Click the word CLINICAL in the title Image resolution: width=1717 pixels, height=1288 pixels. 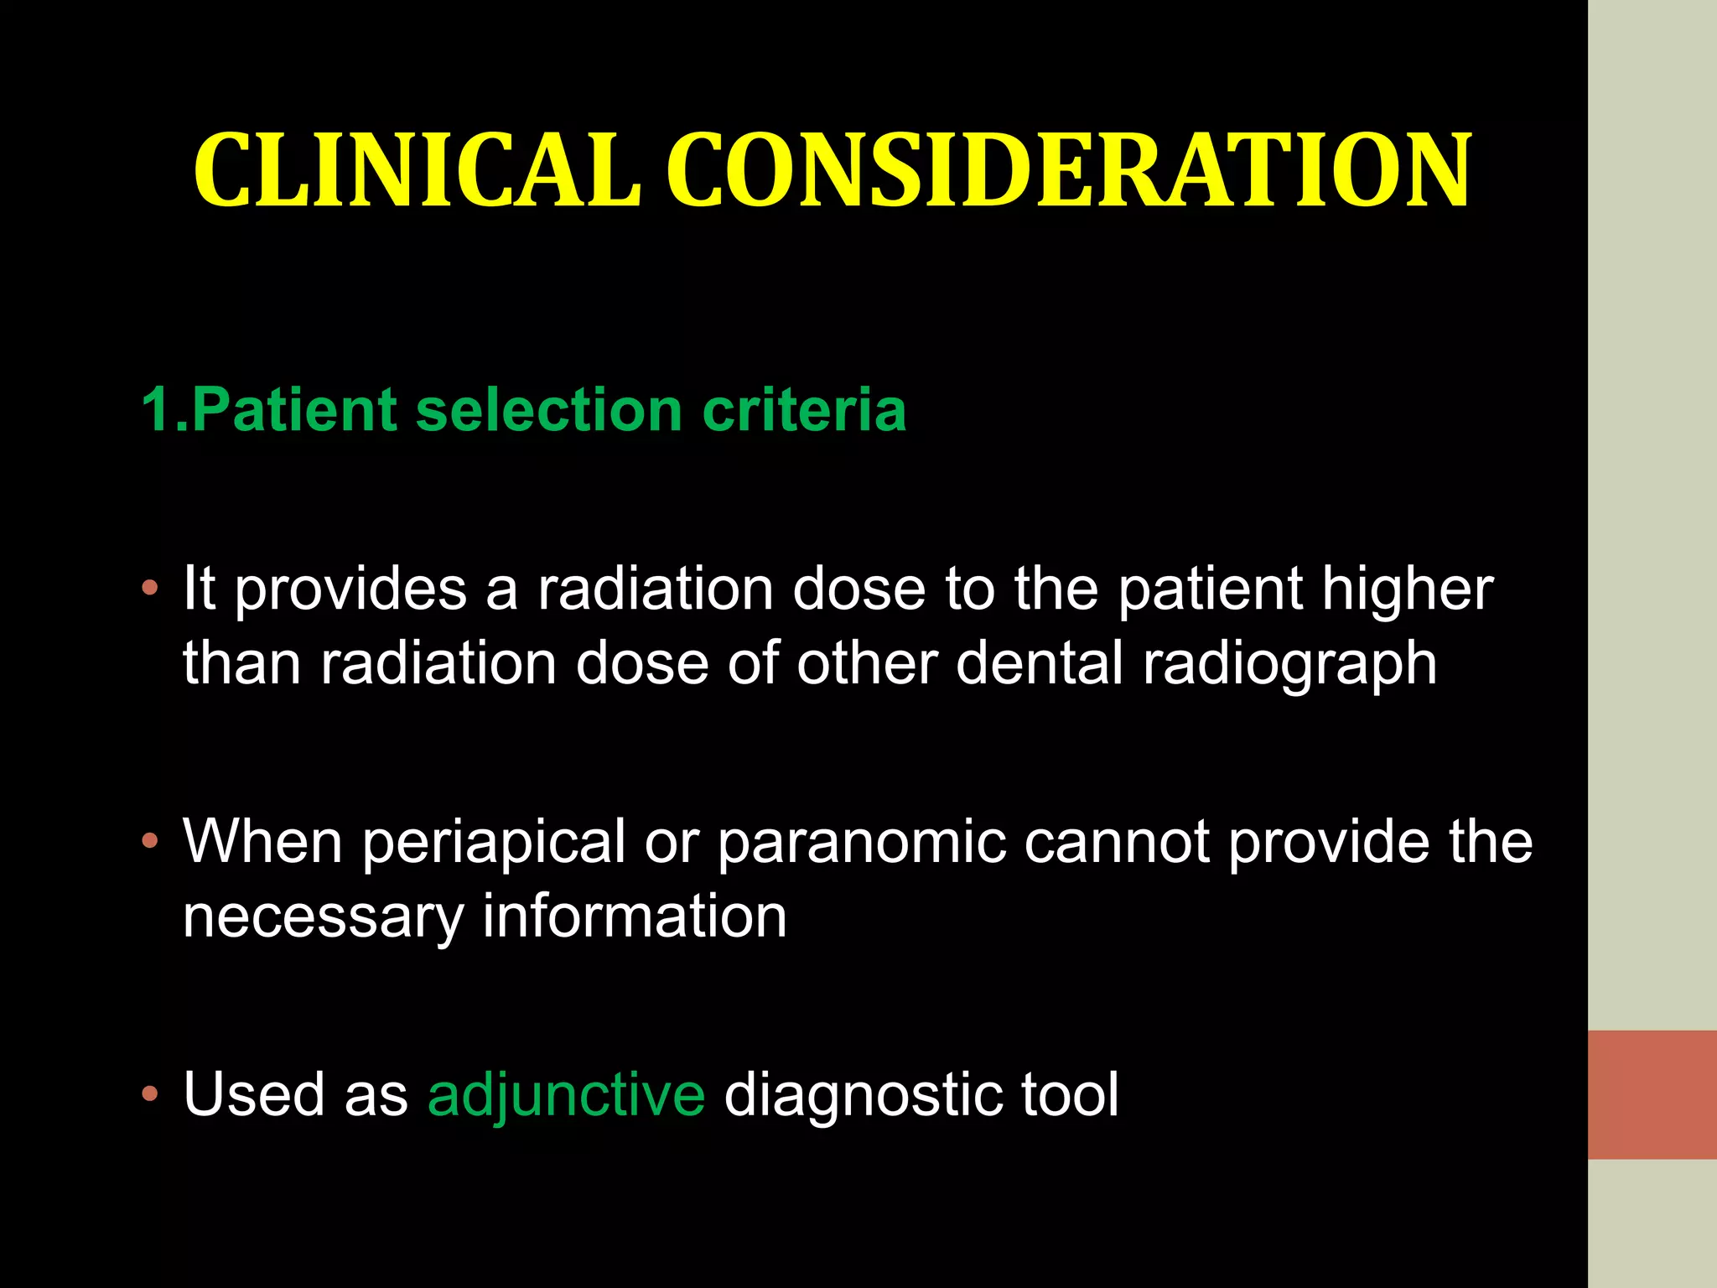point(417,170)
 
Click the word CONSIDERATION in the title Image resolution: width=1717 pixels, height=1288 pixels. point(1069,170)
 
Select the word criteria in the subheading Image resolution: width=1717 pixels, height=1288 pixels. point(804,410)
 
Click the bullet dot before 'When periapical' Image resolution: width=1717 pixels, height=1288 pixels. point(150,841)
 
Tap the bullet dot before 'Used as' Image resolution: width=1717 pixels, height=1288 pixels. point(150,1093)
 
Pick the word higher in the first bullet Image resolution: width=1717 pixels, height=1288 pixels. point(1408,589)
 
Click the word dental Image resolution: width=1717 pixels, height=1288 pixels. point(1040,663)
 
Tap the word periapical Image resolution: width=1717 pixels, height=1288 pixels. point(494,843)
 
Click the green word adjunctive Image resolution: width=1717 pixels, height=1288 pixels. point(567,1095)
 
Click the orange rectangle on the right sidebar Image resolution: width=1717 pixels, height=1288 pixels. point(1652,1094)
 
